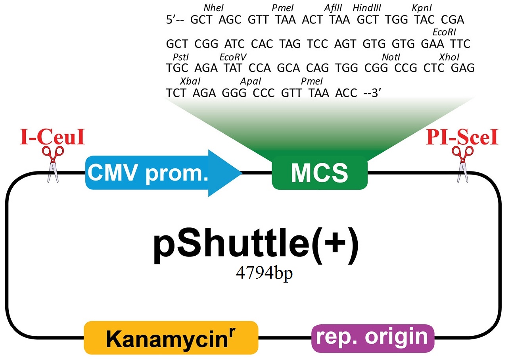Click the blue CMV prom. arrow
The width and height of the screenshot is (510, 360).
point(163,173)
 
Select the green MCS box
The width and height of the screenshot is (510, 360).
point(320,173)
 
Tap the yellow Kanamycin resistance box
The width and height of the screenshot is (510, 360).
point(171,337)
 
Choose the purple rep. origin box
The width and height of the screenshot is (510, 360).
point(373,338)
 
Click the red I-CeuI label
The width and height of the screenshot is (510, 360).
point(52,137)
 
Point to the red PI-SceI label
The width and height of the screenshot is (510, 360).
point(462,137)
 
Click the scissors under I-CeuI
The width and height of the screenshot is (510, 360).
point(53,164)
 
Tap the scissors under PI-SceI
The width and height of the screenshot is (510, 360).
point(463,164)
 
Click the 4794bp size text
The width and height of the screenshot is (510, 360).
point(264,273)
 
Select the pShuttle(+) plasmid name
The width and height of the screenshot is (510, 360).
point(256,246)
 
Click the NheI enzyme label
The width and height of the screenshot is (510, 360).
point(213,8)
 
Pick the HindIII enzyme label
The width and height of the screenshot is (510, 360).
point(366,8)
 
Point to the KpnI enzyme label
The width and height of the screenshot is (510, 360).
point(422,8)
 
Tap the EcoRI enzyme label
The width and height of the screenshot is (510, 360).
point(444,33)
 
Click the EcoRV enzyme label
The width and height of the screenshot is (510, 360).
point(233,57)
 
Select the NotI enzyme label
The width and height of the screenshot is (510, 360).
point(391,57)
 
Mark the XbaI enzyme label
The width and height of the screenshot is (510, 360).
point(190,81)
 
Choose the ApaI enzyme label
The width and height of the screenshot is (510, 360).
point(251,81)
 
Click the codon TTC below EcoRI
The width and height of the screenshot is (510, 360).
point(460,44)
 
